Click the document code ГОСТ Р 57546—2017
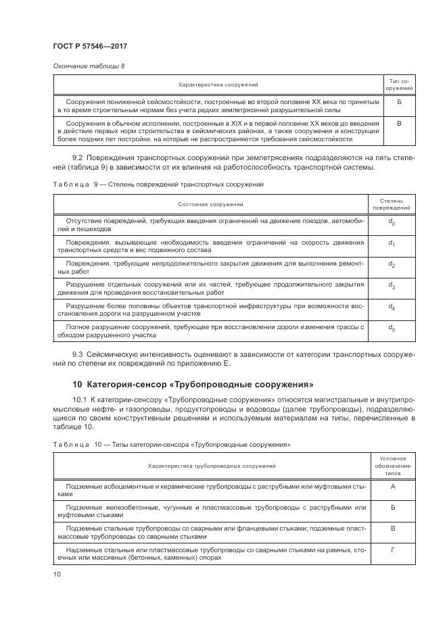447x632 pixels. point(90,46)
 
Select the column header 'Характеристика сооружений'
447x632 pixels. point(218,84)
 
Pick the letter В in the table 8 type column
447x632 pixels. point(399,123)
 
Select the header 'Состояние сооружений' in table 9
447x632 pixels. point(210,204)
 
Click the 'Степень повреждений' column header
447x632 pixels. point(392,204)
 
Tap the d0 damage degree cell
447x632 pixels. point(392,222)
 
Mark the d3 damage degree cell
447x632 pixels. point(392,285)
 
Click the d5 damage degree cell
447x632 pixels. point(392,328)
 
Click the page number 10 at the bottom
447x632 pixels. point(57,574)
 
